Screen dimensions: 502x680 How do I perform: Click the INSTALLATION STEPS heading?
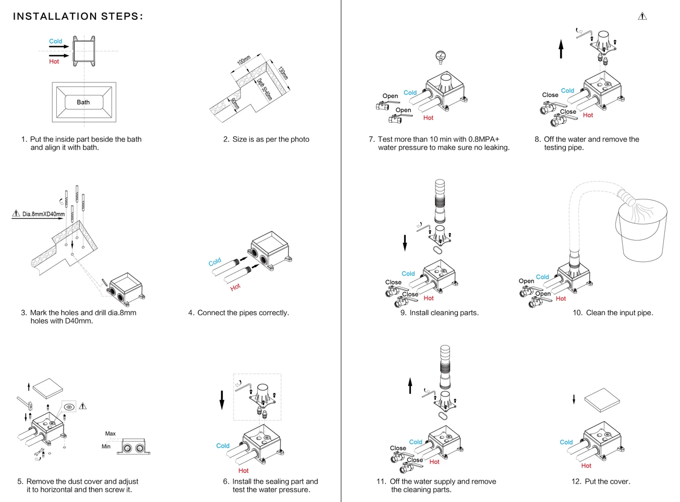[78, 16]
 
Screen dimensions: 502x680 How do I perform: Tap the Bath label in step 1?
[83, 102]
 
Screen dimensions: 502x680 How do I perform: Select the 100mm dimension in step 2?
[244, 60]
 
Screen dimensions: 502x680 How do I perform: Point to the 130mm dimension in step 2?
[282, 73]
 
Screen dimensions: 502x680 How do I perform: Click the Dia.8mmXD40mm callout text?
[43, 214]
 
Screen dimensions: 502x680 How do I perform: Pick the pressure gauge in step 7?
[441, 56]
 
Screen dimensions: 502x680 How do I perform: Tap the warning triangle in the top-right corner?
[642, 16]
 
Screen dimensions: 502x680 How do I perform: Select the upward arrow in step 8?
[561, 49]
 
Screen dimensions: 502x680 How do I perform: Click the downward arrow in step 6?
[222, 400]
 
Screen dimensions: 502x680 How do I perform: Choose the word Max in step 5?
[111, 434]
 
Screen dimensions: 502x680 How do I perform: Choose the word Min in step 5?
[106, 447]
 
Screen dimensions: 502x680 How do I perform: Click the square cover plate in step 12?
[602, 400]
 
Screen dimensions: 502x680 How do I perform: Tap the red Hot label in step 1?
[54, 62]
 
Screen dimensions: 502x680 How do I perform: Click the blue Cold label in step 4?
[215, 262]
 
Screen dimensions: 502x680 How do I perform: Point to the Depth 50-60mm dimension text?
[264, 89]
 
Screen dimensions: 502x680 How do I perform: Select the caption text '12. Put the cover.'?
[601, 482]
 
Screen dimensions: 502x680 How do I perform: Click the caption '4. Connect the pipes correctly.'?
[238, 313]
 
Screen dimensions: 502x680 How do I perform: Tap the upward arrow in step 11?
[410, 386]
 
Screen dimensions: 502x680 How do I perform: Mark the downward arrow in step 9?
[405, 243]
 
